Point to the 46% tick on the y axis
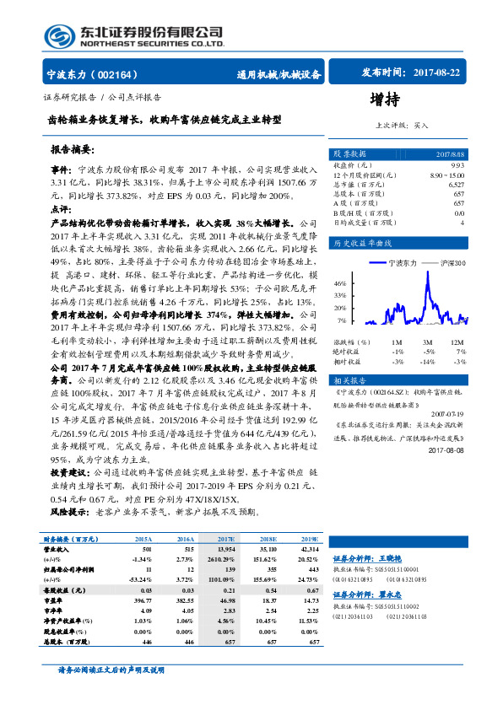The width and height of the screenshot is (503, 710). [x=339, y=282]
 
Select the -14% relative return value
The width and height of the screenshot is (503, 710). [x=430, y=361]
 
